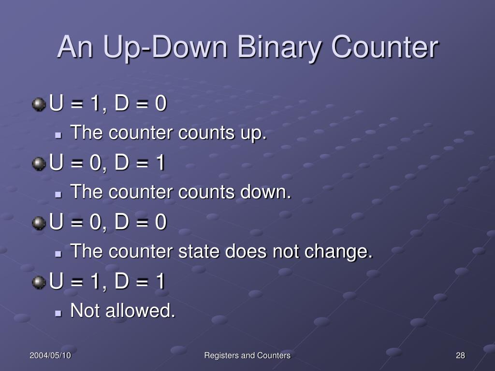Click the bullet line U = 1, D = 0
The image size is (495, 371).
(x=108, y=104)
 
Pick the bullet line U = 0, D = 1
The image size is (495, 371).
(x=108, y=163)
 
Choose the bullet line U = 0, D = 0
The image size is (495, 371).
(x=108, y=223)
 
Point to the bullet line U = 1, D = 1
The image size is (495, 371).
(x=108, y=282)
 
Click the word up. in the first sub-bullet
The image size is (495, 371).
(x=254, y=133)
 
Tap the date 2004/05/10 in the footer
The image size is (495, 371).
(x=50, y=356)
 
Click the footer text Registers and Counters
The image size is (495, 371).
(x=247, y=356)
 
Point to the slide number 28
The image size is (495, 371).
(x=460, y=356)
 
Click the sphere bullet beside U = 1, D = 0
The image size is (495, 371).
(x=39, y=104)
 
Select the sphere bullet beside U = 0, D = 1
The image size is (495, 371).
(x=39, y=163)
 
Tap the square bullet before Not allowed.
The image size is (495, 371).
(x=59, y=313)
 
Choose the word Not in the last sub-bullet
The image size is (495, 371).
(x=82, y=311)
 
